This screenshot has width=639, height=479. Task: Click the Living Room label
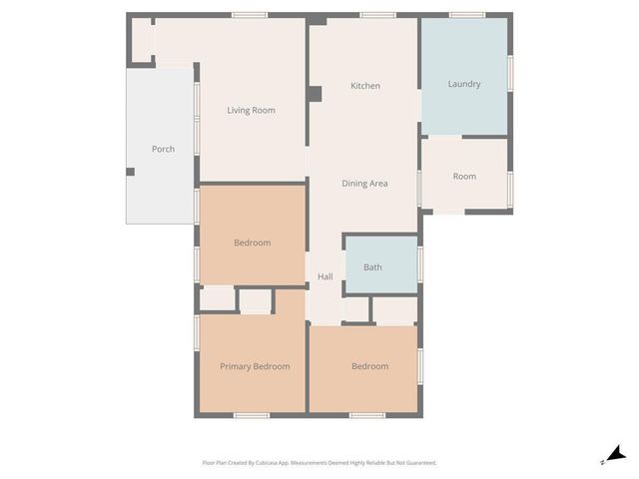click(251, 110)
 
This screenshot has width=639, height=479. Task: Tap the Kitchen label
click(365, 86)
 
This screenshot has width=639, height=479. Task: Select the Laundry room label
click(464, 84)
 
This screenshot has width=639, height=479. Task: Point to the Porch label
click(163, 149)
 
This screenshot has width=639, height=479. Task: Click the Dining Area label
click(364, 183)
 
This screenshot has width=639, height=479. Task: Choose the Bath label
click(372, 266)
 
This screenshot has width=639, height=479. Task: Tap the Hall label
click(325, 276)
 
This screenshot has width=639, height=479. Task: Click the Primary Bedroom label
click(255, 366)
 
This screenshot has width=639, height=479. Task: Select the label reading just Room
click(464, 176)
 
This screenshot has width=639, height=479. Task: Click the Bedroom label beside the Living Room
click(253, 242)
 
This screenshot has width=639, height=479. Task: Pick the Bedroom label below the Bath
click(369, 366)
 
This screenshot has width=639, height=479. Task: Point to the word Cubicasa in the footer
click(264, 463)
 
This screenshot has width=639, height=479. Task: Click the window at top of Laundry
click(466, 15)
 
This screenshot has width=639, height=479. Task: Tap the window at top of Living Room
click(249, 15)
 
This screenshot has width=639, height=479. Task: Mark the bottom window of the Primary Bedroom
click(251, 415)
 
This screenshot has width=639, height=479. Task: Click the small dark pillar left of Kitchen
click(315, 95)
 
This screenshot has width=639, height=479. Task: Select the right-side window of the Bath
click(420, 264)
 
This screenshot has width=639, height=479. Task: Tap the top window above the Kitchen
click(377, 15)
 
